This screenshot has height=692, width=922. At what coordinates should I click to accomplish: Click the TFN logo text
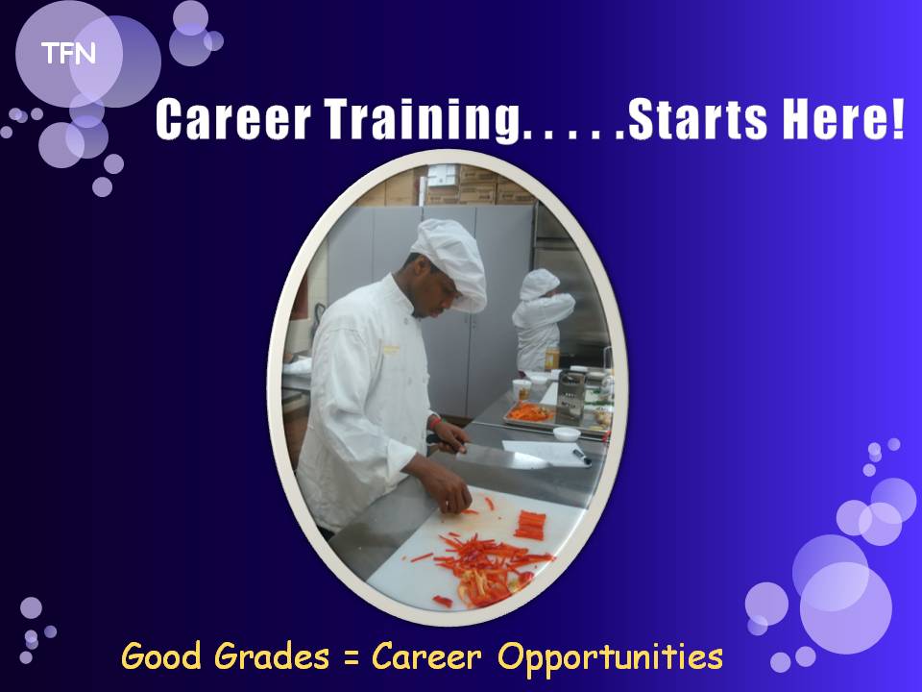click(x=68, y=54)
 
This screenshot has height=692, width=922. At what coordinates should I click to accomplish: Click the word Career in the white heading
click(x=232, y=119)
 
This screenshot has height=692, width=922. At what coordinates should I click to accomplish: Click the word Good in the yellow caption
click(x=161, y=656)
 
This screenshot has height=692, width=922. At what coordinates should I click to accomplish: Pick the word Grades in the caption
click(x=271, y=656)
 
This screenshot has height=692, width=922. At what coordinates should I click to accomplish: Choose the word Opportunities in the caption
click(x=611, y=657)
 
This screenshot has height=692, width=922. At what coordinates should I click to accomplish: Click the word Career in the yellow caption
click(x=426, y=656)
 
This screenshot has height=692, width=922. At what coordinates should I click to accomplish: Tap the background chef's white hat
click(x=538, y=284)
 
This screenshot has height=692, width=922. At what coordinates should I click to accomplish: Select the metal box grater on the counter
click(x=570, y=395)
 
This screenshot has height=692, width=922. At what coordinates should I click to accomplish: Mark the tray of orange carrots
click(x=529, y=413)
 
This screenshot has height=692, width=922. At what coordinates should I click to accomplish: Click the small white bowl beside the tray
click(x=567, y=434)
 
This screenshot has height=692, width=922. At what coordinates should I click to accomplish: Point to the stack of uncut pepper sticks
click(x=530, y=525)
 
